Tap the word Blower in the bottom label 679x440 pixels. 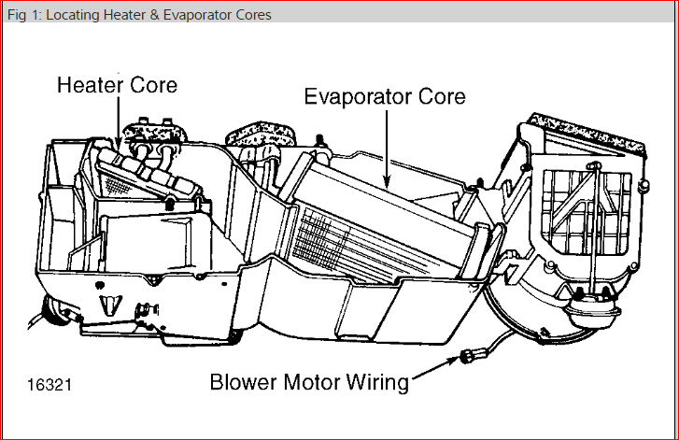pyautogui.click(x=242, y=383)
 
